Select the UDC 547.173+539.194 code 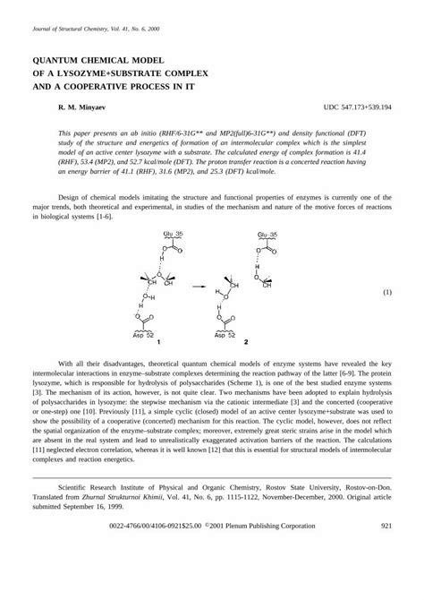pyautogui.click(x=357, y=107)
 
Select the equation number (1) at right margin pyautogui.click(x=388, y=293)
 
